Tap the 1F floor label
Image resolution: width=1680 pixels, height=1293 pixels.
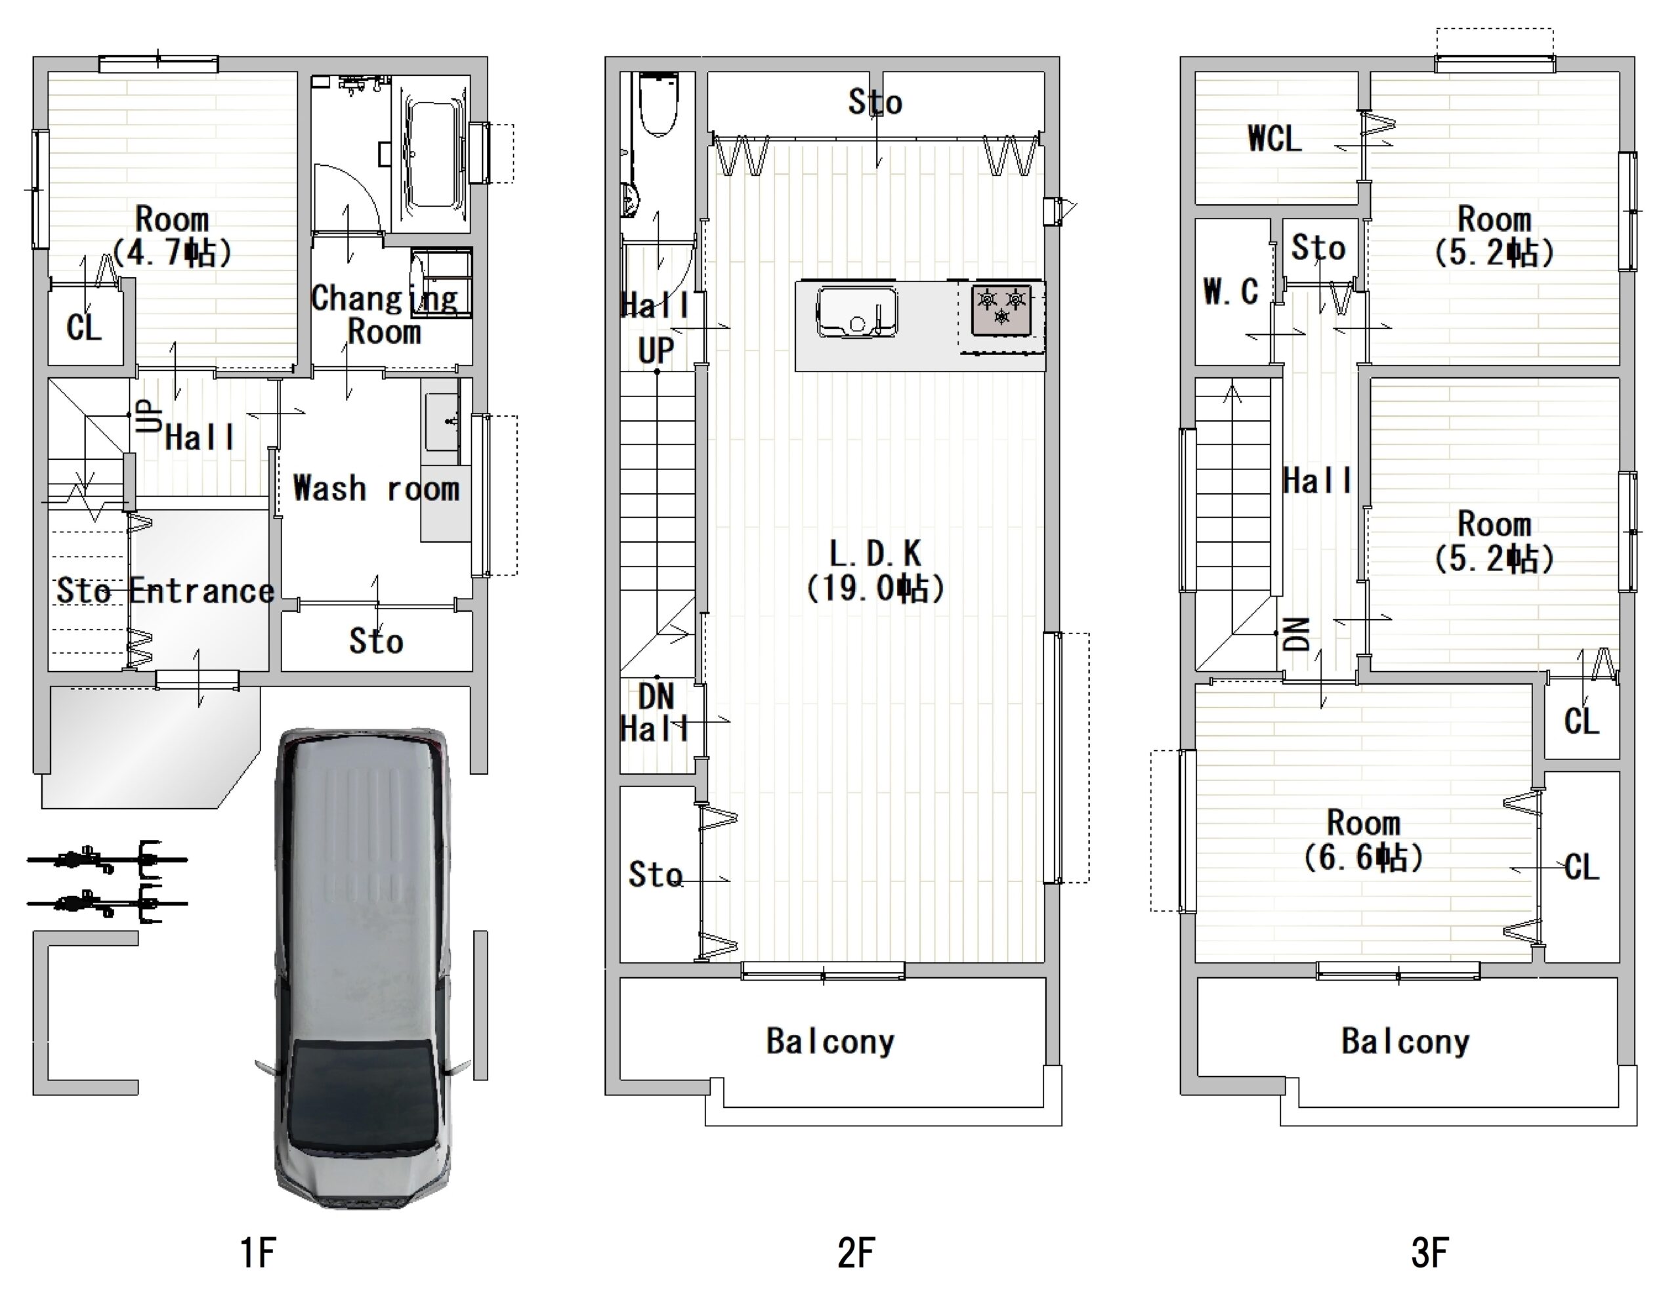click(x=258, y=1253)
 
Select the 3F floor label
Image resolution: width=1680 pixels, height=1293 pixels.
click(x=1430, y=1253)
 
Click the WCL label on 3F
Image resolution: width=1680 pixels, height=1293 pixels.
click(x=1274, y=139)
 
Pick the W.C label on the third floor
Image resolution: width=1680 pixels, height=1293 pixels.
click(x=1230, y=291)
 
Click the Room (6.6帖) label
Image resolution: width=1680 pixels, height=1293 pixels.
click(x=1363, y=840)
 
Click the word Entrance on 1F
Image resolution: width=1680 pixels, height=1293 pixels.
click(x=201, y=591)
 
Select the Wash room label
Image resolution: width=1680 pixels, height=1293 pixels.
click(x=376, y=488)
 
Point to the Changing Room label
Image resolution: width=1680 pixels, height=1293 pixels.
click(x=384, y=314)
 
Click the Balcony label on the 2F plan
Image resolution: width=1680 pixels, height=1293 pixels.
click(x=831, y=1041)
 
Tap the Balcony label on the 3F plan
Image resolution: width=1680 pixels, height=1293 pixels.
click(x=1406, y=1041)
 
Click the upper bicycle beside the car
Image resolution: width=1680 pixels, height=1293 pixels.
click(x=106, y=858)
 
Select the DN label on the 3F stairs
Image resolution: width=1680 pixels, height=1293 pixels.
click(x=1297, y=635)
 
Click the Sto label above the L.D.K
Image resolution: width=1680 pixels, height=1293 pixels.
click(x=875, y=102)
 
